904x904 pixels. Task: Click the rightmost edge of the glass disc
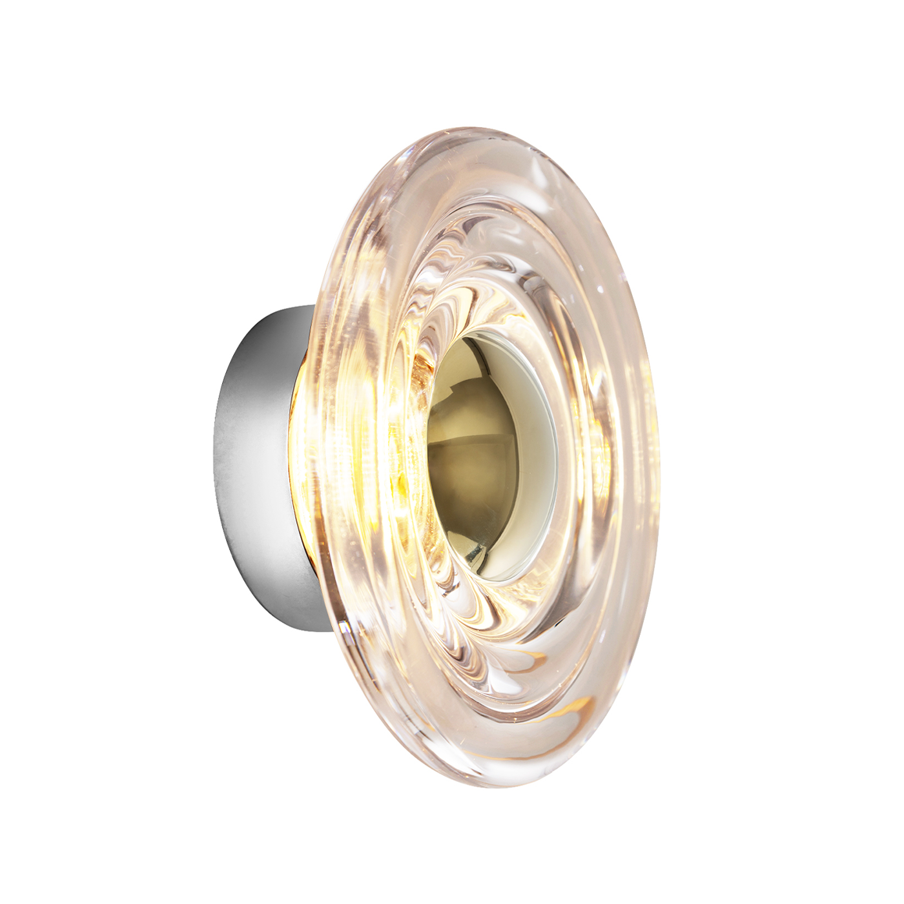(x=659, y=452)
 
